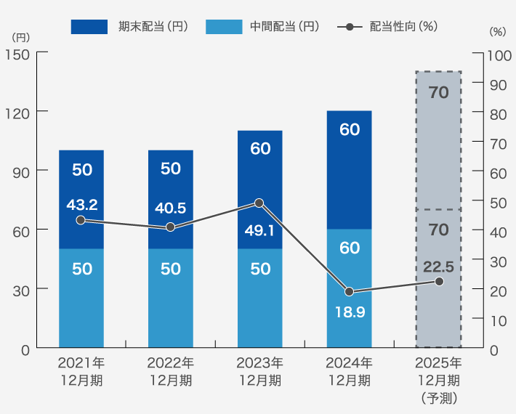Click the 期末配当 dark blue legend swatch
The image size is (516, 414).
pos(89,27)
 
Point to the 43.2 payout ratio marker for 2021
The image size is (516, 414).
pos(81,220)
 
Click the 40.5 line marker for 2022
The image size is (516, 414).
pos(171,227)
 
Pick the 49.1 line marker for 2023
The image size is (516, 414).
pos(259,203)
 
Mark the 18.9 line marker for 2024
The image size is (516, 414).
pos(349,292)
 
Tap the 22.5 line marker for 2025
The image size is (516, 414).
pos(439,281)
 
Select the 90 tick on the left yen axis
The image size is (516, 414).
pos(20,171)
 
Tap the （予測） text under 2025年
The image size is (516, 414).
pos(438,397)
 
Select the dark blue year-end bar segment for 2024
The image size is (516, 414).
pos(349,170)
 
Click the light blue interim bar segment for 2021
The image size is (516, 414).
pos(81,298)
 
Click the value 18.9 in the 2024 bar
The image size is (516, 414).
pos(350,312)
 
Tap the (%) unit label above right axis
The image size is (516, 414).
pos(497,32)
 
